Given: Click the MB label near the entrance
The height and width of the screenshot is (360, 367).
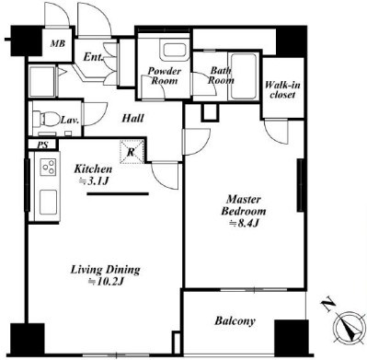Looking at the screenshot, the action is click(58, 43).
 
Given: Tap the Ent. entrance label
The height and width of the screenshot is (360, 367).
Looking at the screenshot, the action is click(93, 57).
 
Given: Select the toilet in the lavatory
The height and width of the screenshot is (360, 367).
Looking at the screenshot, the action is click(46, 118).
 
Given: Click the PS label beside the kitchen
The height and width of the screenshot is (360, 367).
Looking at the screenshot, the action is click(43, 145).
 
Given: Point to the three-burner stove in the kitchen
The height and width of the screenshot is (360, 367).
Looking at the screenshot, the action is click(49, 167).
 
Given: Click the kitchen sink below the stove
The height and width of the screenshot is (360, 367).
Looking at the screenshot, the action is click(49, 203).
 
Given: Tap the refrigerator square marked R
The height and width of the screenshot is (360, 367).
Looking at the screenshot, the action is click(132, 152).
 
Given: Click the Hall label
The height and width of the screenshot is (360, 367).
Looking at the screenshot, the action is click(132, 118).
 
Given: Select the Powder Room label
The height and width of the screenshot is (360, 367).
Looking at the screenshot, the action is click(165, 75).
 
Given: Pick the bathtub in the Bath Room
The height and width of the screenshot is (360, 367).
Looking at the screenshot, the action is click(244, 76).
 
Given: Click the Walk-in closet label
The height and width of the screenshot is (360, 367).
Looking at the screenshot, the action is click(282, 89).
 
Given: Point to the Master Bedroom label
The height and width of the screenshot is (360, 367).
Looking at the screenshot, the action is click(244, 205).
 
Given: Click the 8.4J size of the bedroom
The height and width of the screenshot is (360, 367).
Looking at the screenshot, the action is click(246, 224).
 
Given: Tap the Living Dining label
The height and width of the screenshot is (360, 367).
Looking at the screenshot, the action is click(106, 270).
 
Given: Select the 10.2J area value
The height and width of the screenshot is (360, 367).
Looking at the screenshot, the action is click(106, 282).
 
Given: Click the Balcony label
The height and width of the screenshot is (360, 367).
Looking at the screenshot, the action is click(235, 321).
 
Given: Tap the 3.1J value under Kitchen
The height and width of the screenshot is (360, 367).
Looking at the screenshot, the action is click(94, 181).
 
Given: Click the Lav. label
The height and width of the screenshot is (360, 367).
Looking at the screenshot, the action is click(70, 120).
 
